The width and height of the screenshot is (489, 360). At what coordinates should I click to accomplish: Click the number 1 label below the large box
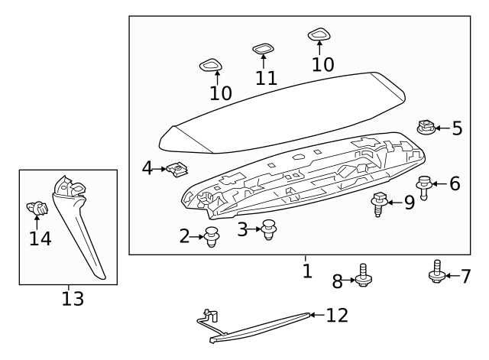pyautogui.click(x=306, y=271)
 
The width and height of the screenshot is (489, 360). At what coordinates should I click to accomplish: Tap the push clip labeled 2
pyautogui.click(x=212, y=238)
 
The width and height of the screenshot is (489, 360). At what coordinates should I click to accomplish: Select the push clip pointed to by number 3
pyautogui.click(x=268, y=229)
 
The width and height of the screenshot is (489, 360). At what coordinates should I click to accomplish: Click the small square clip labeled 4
pyautogui.click(x=179, y=169)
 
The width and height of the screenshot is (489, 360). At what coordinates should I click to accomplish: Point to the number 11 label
pyautogui.click(x=266, y=78)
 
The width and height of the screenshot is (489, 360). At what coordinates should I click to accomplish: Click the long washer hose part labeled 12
pyautogui.click(x=260, y=327)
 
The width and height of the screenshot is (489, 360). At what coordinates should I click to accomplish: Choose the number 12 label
pyautogui.click(x=336, y=315)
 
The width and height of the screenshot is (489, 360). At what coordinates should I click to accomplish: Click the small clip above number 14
pyautogui.click(x=37, y=206)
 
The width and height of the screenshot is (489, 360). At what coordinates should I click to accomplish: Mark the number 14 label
pyautogui.click(x=40, y=238)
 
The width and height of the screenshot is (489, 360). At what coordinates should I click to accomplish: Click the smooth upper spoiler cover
pyautogui.click(x=283, y=107)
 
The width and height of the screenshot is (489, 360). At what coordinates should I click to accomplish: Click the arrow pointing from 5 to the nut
pyautogui.click(x=442, y=128)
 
